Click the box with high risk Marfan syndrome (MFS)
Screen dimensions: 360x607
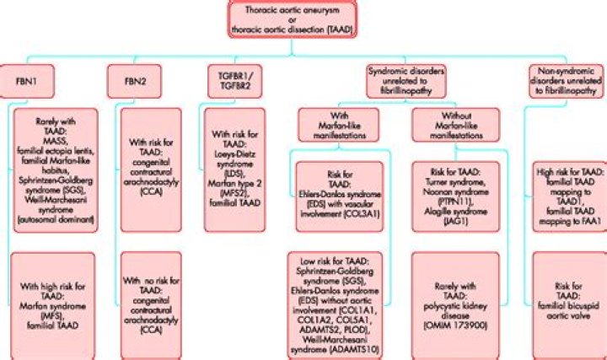click(56, 300)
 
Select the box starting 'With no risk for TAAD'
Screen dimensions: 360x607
click(152, 300)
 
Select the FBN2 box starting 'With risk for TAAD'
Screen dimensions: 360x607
click(152, 174)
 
